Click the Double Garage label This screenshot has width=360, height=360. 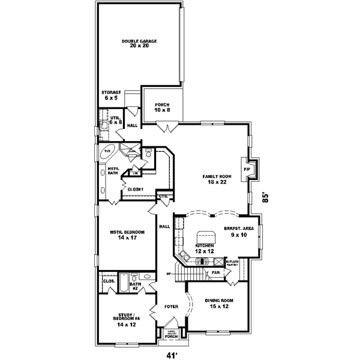pos(139,43)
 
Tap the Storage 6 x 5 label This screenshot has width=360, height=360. pos(110,95)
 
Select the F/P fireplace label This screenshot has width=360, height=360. pos(246,170)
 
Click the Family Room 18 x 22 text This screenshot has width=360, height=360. pos(216,179)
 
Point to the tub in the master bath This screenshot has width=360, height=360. pos(108,152)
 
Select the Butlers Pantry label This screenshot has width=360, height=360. pos(233,263)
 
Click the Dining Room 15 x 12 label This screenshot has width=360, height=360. pos(218,303)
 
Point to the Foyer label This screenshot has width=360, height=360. pos(172,306)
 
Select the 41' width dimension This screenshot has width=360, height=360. pos(173,354)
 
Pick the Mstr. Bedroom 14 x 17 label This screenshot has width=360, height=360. pos(126,235)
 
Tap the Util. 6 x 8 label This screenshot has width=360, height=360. pos(115,120)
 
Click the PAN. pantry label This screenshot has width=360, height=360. pos(214,272)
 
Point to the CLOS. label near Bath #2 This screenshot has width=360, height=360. pos(109,280)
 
